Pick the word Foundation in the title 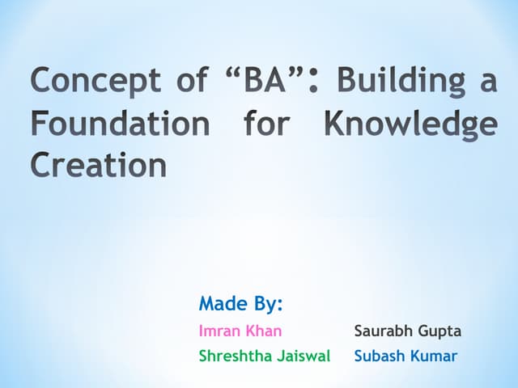point(120,124)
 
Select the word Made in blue point(223,304)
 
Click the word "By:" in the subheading point(268,306)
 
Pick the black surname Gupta point(440,332)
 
